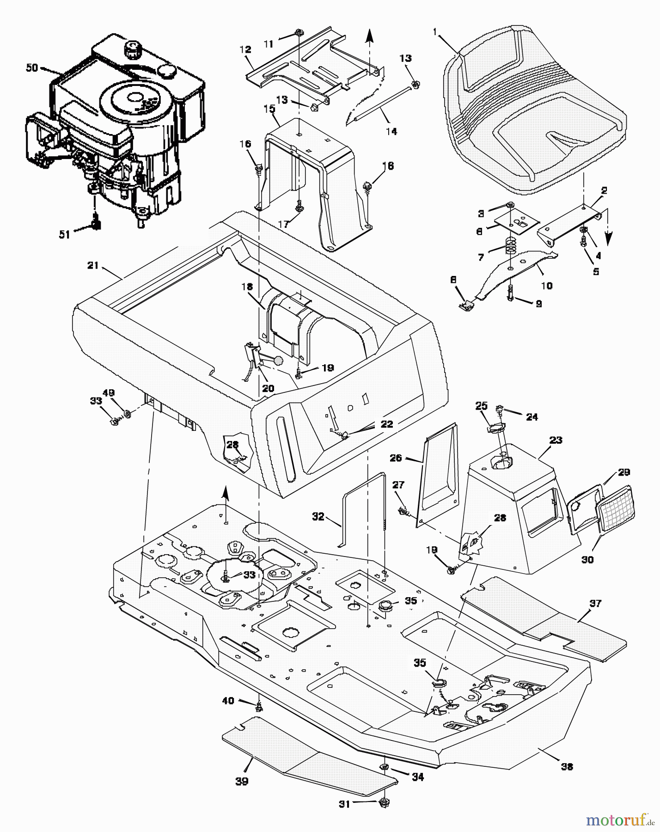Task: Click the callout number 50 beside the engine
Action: [31, 67]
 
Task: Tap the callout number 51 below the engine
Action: [64, 235]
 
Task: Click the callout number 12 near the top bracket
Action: [245, 49]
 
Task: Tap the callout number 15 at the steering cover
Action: [269, 109]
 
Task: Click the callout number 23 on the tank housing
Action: [556, 440]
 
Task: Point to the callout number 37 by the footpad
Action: [595, 603]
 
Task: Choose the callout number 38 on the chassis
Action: [567, 766]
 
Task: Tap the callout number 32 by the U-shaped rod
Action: [318, 517]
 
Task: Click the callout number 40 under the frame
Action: [228, 701]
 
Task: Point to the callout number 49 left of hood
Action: [109, 393]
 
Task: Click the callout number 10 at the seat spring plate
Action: [546, 286]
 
